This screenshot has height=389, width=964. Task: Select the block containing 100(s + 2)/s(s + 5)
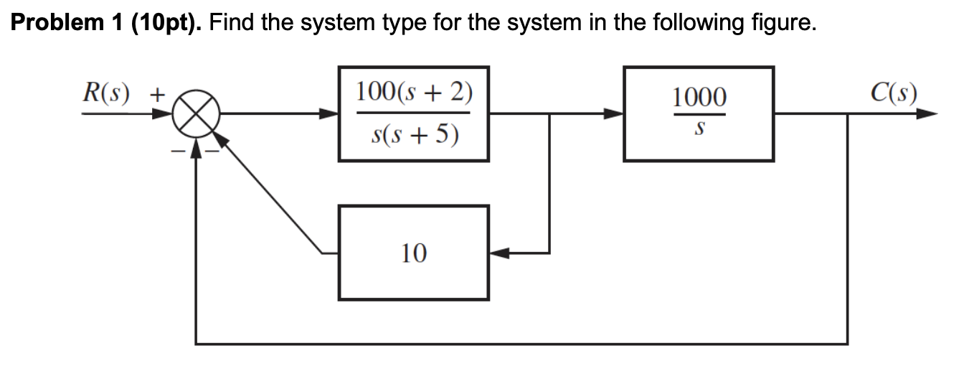[414, 113]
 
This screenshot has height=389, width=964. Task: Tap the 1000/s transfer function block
[699, 113]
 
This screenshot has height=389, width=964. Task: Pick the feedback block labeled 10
[414, 253]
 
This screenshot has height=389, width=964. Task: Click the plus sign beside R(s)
[156, 94]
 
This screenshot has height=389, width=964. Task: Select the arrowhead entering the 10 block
[499, 253]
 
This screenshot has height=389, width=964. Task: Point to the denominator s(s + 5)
[414, 134]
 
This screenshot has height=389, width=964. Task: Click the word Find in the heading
[232, 24]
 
